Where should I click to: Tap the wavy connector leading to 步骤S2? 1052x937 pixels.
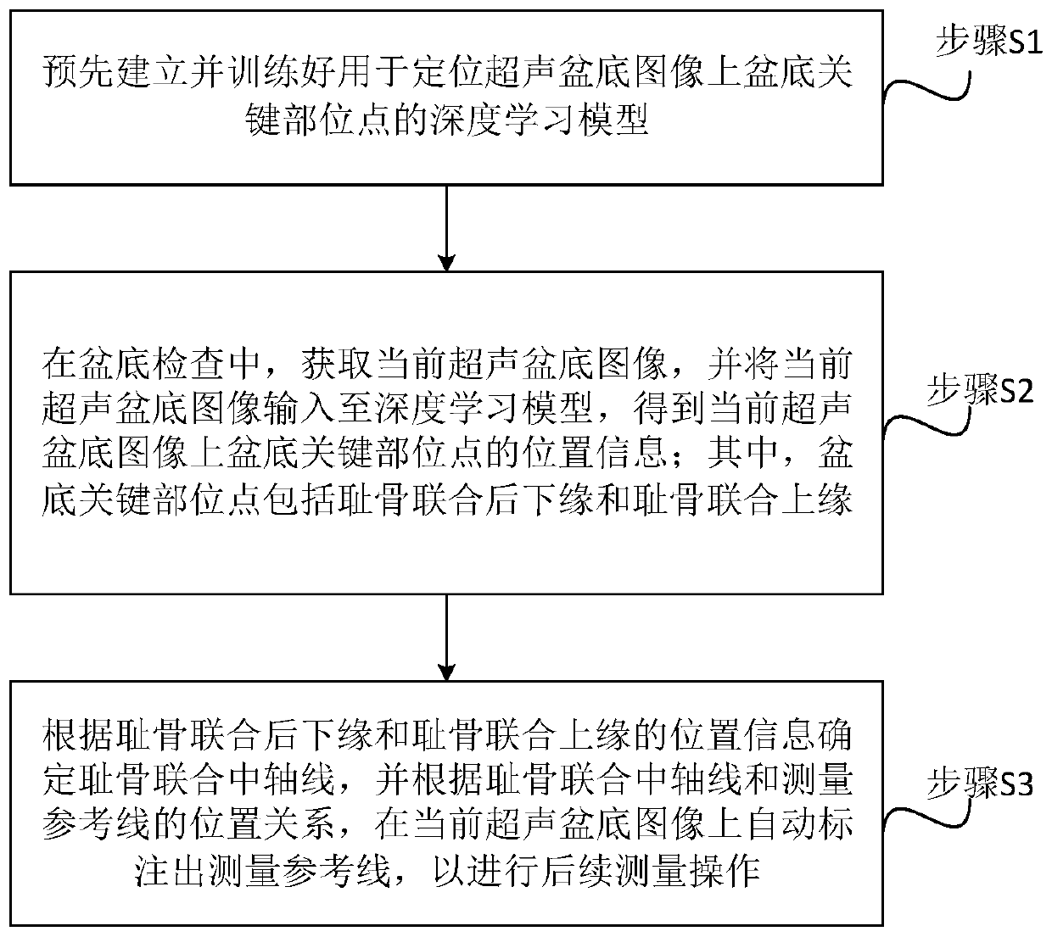click(925, 416)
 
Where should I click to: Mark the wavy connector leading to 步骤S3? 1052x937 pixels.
click(925, 810)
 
